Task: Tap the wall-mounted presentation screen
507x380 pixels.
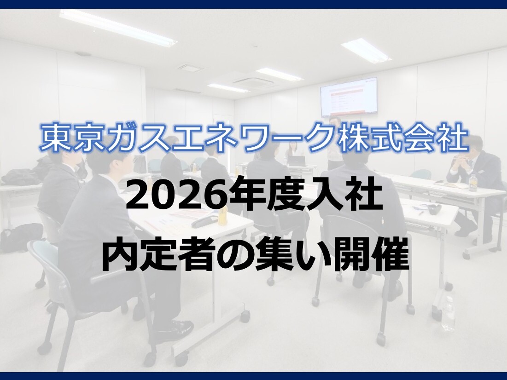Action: pyautogui.click(x=349, y=97)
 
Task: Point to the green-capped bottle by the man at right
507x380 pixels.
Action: pyautogui.click(x=473, y=183)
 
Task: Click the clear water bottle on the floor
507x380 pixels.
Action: pyautogui.click(x=449, y=313)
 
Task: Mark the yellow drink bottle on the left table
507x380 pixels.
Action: pyautogui.click(x=223, y=210)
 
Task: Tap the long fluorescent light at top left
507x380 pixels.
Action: pyautogui.click(x=118, y=27)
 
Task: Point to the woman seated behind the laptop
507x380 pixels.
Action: pyautogui.click(x=293, y=152)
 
